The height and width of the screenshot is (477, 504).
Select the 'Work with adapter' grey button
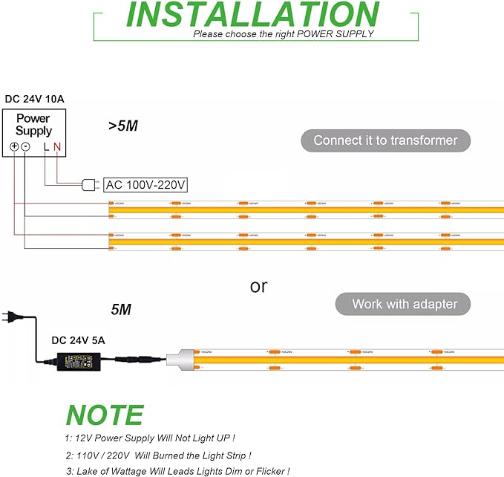click(405, 303)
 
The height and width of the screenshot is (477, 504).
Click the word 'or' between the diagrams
click(258, 285)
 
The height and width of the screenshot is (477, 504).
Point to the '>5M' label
click(122, 126)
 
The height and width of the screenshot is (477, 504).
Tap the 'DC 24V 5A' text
click(78, 340)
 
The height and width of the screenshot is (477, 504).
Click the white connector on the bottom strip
click(182, 358)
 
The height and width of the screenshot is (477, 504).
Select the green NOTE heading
click(105, 415)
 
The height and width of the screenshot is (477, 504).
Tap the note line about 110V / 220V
click(157, 455)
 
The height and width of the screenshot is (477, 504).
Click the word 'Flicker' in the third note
click(269, 470)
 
